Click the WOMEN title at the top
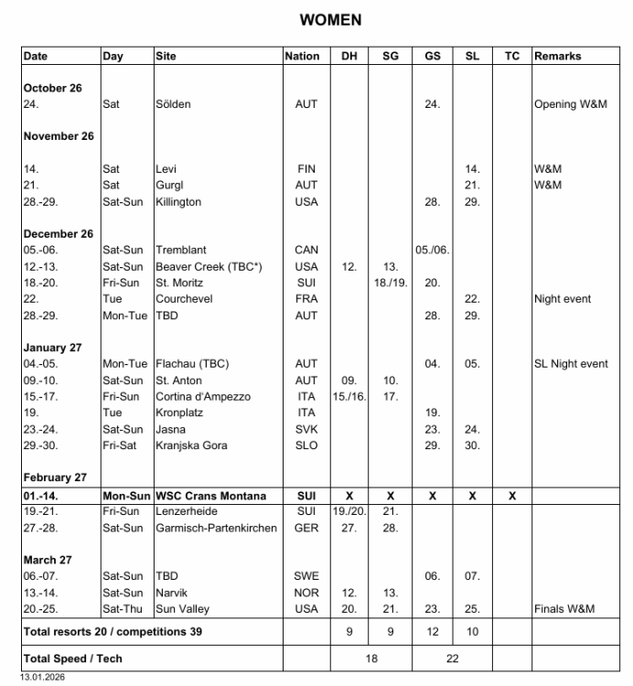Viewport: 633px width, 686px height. pyautogui.click(x=330, y=20)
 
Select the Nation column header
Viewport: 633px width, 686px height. pyautogui.click(x=303, y=56)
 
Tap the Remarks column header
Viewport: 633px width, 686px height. pyautogui.click(x=558, y=56)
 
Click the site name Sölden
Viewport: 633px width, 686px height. pyautogui.click(x=173, y=104)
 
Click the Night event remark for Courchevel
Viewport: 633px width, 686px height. pyautogui.click(x=563, y=299)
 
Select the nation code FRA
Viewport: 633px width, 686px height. pyautogui.click(x=306, y=299)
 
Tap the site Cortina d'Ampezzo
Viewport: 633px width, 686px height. pyautogui.click(x=203, y=397)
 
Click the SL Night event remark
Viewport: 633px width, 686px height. pyautogui.click(x=571, y=364)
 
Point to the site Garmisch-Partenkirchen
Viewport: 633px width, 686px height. pyautogui.click(x=216, y=528)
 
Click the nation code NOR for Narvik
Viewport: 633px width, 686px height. pyautogui.click(x=306, y=593)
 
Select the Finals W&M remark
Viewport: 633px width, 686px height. pyautogui.click(x=564, y=609)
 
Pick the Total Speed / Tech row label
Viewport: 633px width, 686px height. pyautogui.click(x=72, y=659)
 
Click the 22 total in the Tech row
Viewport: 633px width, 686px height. pyautogui.click(x=452, y=659)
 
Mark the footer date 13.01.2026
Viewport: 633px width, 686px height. pyautogui.click(x=43, y=679)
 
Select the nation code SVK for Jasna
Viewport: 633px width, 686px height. pyautogui.click(x=306, y=430)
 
